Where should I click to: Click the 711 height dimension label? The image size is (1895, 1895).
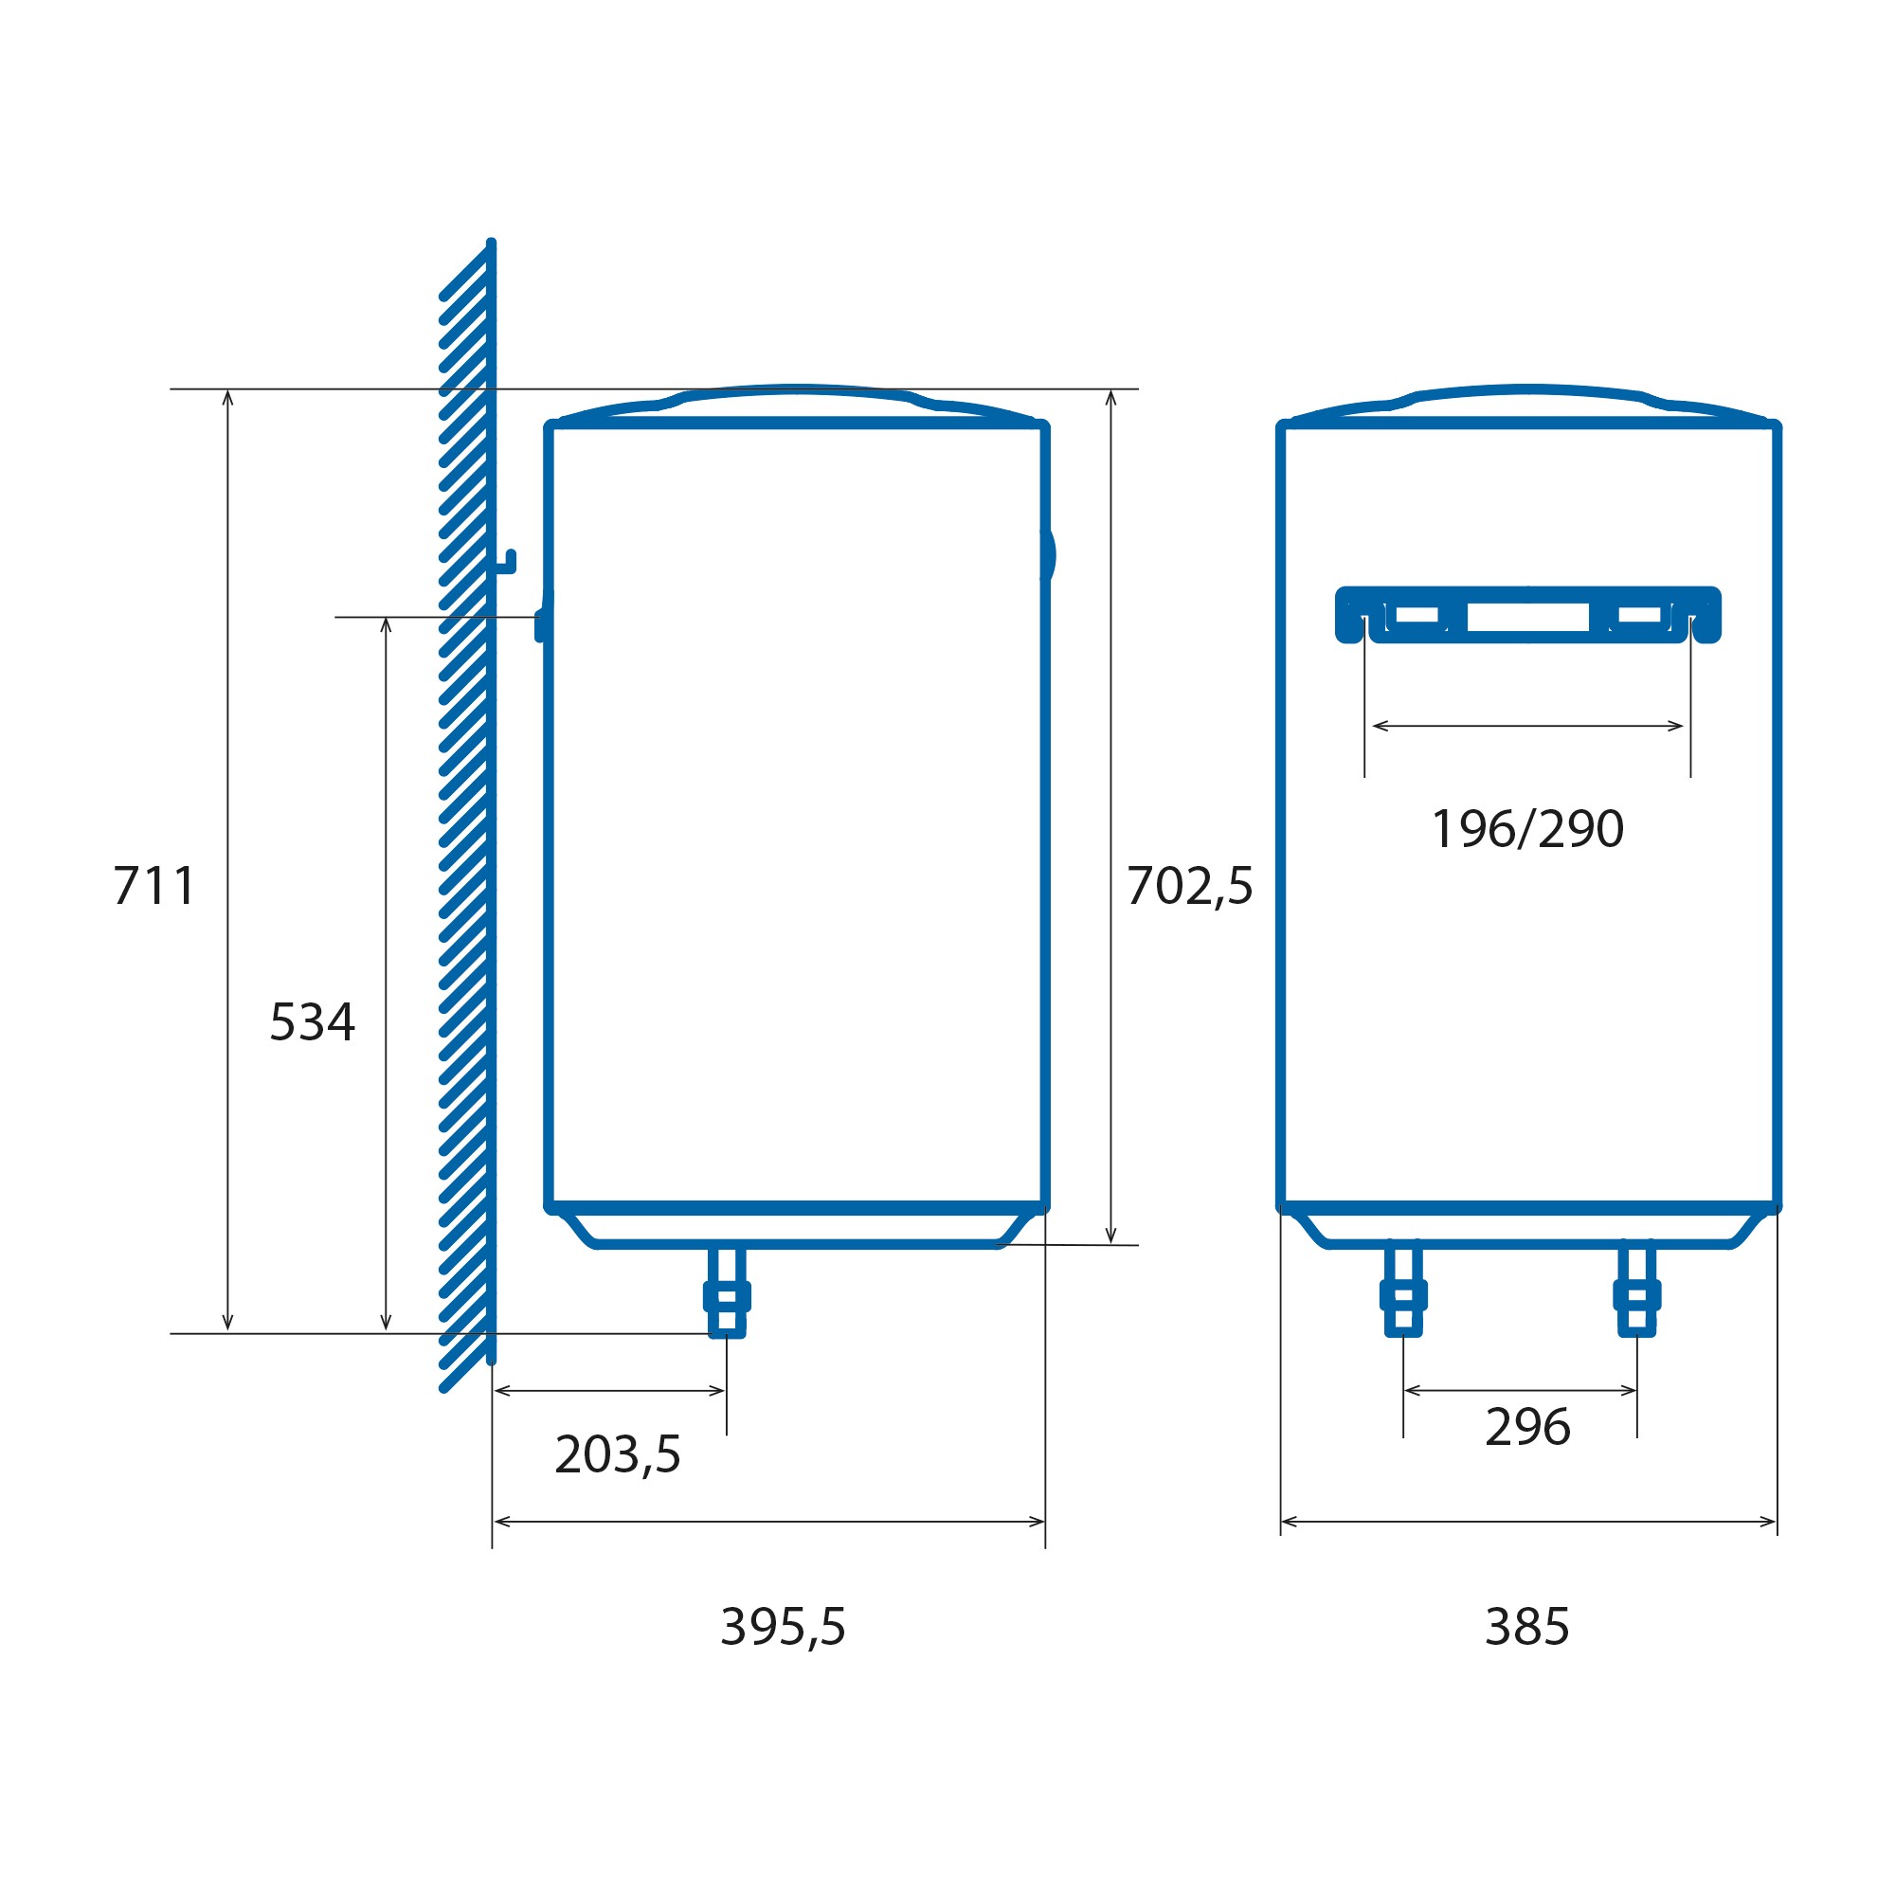pyautogui.click(x=154, y=886)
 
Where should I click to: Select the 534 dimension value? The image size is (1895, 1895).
pyautogui.click(x=312, y=1022)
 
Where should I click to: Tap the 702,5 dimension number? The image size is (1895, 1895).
pyautogui.click(x=1189, y=886)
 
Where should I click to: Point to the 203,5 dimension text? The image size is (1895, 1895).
pyautogui.click(x=617, y=1454)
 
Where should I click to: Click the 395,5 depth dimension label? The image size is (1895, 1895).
pyautogui.click(x=783, y=1627)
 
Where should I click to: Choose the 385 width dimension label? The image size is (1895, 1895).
pyautogui.click(x=1527, y=1627)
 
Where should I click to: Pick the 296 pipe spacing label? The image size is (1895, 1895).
pyautogui.click(x=1527, y=1427)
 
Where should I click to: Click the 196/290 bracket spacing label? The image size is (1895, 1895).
pyautogui.click(x=1527, y=829)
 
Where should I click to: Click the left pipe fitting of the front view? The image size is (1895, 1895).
pyautogui.click(x=1403, y=1292)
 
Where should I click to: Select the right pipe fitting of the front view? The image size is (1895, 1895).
pyautogui.click(x=1637, y=1292)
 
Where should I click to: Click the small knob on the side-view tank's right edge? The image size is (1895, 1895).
pyautogui.click(x=1049, y=555)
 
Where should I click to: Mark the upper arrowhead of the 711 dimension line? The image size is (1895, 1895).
pyautogui.click(x=227, y=395)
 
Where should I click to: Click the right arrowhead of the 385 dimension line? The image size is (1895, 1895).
pyautogui.click(x=1771, y=1523)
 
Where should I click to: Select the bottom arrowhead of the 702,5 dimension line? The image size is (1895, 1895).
pyautogui.click(x=1110, y=1237)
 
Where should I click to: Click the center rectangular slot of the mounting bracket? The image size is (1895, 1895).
pyautogui.click(x=1527, y=617)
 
